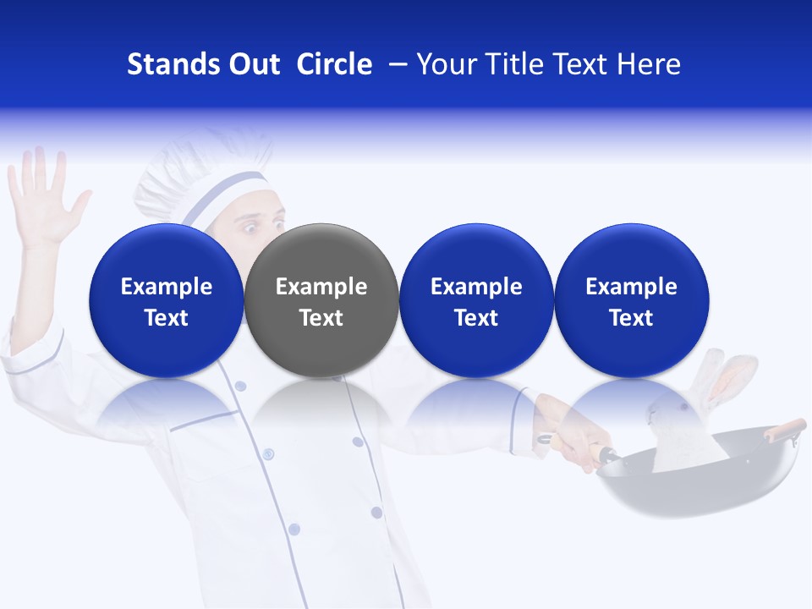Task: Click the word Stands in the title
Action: click(169, 64)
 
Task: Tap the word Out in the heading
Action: click(251, 64)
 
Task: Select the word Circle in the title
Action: click(334, 64)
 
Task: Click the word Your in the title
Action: click(446, 64)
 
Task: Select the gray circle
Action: click(321, 300)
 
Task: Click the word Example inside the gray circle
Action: click(321, 287)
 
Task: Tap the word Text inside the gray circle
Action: click(321, 318)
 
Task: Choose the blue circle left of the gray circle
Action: click(166, 300)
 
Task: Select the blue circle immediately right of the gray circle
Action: click(476, 300)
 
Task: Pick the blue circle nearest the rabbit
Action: click(632, 300)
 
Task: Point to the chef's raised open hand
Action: click(42, 199)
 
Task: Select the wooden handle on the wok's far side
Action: click(784, 429)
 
